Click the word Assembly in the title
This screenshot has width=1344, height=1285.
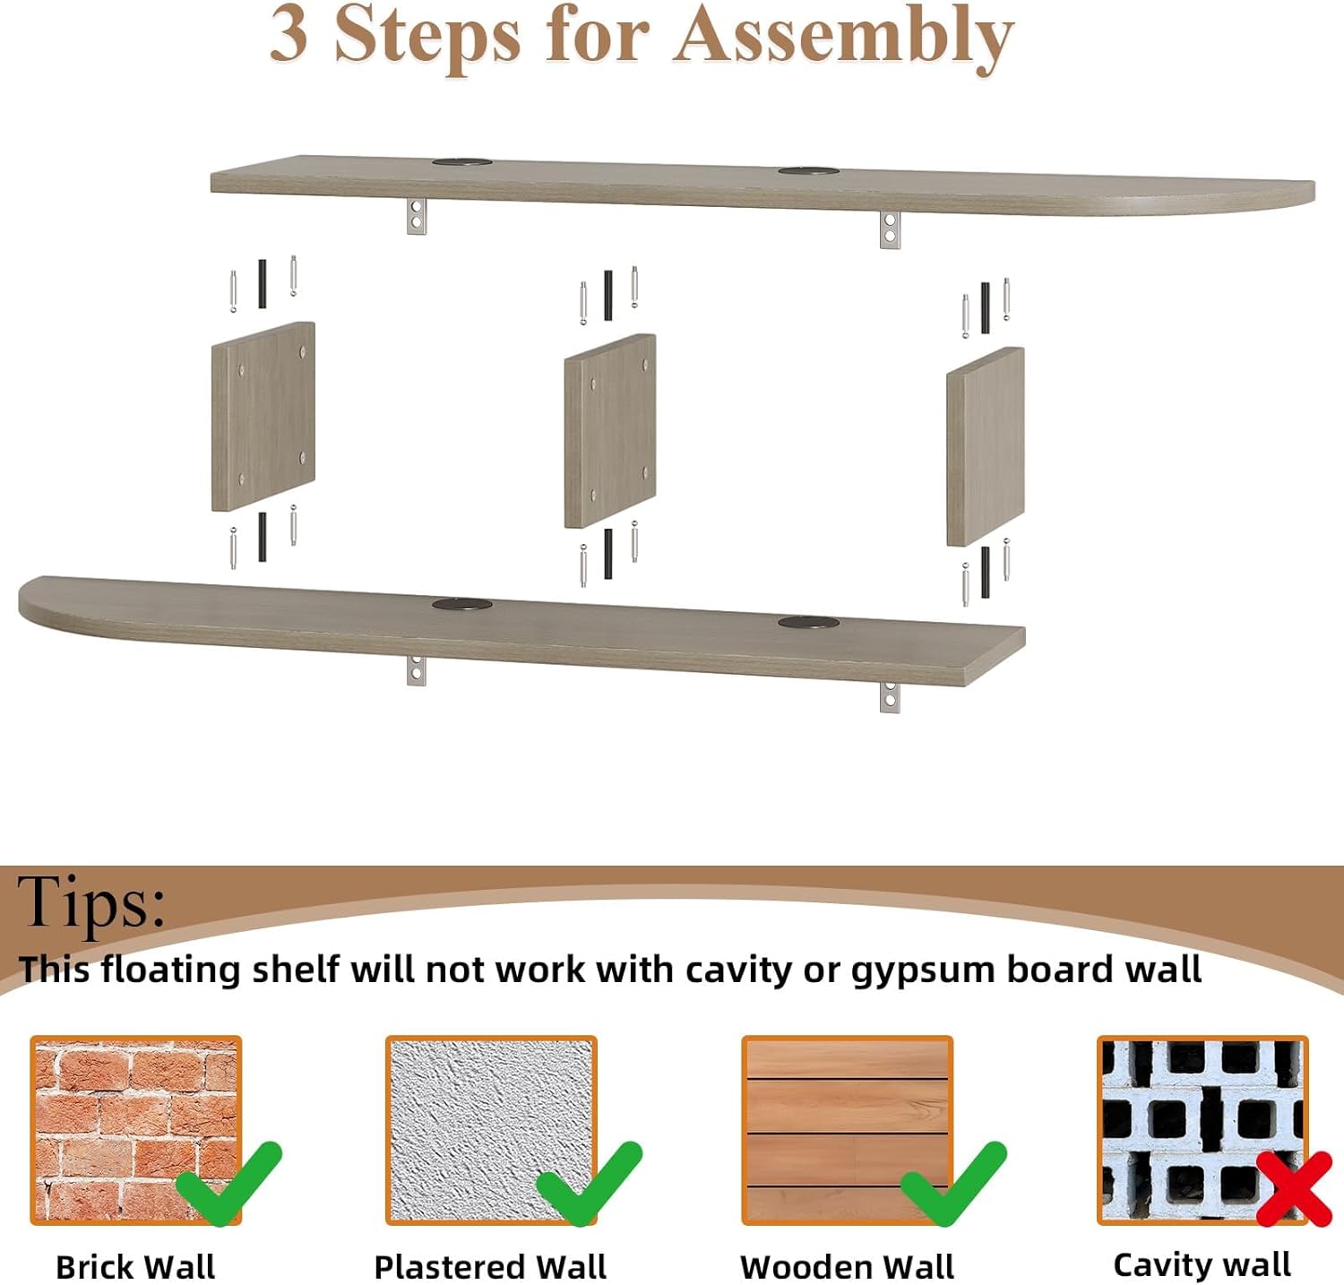[843, 38]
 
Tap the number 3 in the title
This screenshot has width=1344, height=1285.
[289, 34]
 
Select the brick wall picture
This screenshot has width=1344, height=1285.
[136, 1130]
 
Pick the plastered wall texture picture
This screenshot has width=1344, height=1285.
[491, 1130]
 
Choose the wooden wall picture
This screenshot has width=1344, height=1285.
[847, 1130]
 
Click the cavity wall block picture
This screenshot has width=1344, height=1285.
[1202, 1130]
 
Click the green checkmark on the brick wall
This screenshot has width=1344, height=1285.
[228, 1183]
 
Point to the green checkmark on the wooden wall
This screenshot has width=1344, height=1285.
[952, 1183]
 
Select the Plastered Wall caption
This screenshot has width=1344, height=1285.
[490, 1267]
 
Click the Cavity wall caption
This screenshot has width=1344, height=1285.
[1202, 1264]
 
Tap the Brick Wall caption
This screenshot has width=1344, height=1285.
[135, 1267]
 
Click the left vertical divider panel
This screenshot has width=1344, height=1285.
[263, 417]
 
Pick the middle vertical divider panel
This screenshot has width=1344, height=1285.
[610, 431]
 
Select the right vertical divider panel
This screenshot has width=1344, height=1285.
[986, 446]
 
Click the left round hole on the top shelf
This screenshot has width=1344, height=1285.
[462, 162]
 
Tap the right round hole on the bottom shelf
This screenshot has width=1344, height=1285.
[808, 622]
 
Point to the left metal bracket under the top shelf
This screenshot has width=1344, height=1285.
[417, 215]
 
